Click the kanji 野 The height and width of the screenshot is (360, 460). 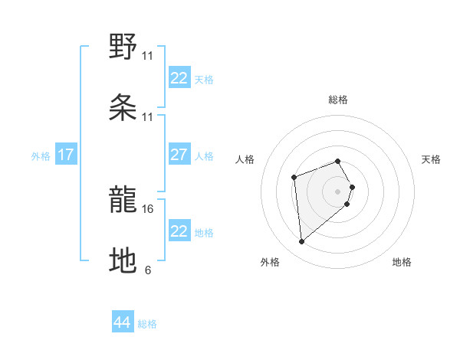point(123,47)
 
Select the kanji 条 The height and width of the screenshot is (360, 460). point(123,109)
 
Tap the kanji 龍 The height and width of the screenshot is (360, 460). point(123,201)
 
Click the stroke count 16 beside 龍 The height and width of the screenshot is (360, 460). point(148,208)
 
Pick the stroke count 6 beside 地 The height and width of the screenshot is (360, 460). point(148,270)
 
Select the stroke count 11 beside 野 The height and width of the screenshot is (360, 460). point(148,55)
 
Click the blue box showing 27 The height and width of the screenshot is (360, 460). point(179,155)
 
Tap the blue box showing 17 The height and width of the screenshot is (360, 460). point(66,155)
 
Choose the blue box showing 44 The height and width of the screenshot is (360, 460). point(123,322)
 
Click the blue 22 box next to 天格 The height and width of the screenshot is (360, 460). point(179,78)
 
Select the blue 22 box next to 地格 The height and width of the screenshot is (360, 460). point(179,231)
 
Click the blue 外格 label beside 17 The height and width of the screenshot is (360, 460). point(41,155)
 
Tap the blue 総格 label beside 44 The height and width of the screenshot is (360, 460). point(147,324)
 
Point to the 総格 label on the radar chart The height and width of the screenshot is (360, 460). point(338,100)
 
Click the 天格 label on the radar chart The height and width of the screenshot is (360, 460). point(432,159)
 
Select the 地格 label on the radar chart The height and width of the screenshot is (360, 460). point(402,262)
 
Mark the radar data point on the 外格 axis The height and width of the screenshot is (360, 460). point(302,242)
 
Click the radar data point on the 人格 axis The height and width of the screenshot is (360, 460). point(294,178)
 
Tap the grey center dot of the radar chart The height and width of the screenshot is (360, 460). point(338,190)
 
